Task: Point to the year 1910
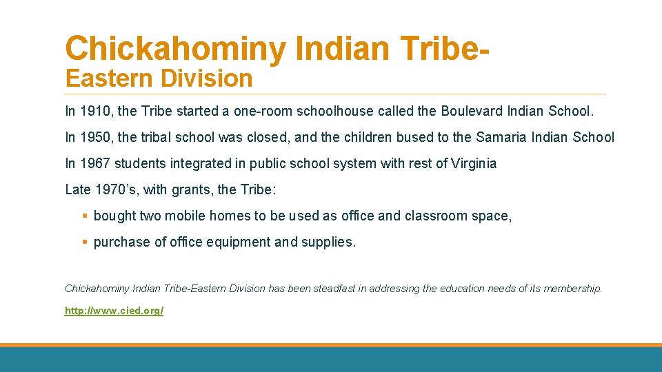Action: tap(93, 111)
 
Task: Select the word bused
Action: tap(414, 137)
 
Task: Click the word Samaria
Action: tap(501, 137)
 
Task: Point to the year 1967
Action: tap(93, 163)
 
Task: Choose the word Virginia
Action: tap(472, 163)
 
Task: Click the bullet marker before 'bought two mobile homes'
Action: tap(85, 216)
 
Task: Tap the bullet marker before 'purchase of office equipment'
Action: tap(85, 242)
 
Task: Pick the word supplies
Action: tap(329, 242)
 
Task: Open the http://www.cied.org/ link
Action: tap(114, 311)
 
